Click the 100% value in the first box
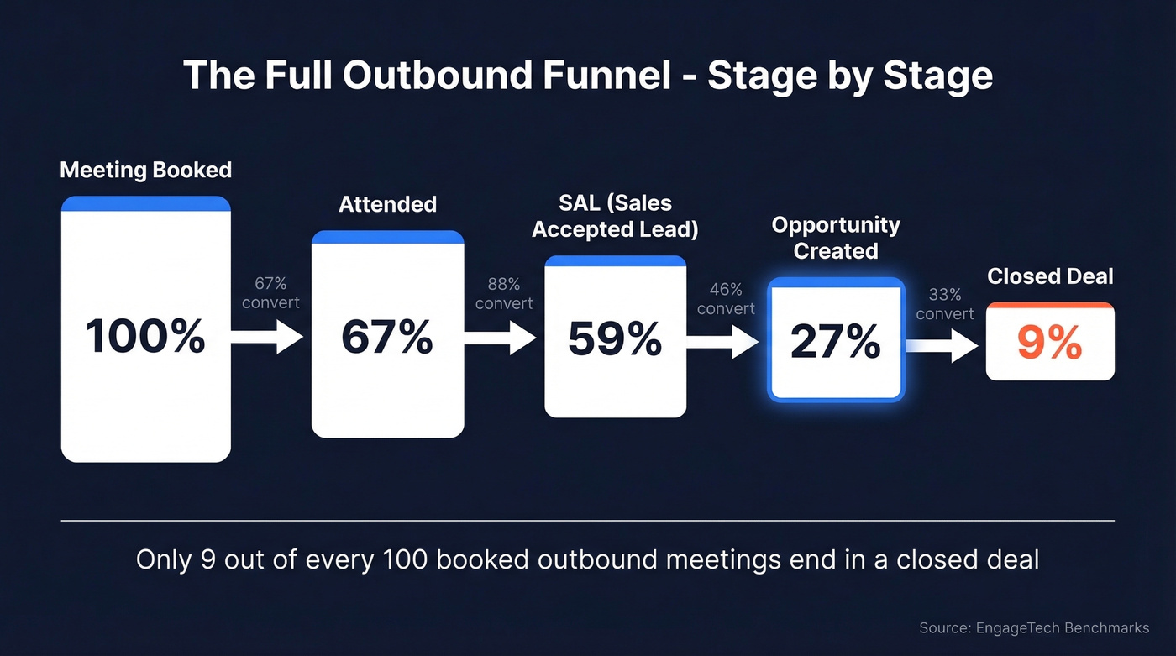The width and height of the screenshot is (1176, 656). pos(145,337)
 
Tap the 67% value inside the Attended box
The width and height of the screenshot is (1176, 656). pos(387,337)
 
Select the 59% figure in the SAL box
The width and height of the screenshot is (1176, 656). pos(615,339)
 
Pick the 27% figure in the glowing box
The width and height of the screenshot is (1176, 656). pos(836,342)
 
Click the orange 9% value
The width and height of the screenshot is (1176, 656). pos(1049,343)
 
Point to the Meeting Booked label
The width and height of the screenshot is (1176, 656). pos(145,170)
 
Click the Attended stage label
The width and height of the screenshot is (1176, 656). pos(387,204)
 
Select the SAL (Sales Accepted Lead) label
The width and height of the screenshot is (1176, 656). pos(615,216)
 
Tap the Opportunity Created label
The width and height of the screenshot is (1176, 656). pos(836,238)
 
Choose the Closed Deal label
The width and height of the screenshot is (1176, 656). pos(1050,276)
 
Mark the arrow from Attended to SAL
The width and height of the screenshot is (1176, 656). pos(501,338)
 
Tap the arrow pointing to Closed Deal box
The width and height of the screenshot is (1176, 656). pos(942,345)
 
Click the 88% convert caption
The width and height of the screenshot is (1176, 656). pos(504,294)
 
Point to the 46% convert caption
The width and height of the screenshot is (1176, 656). pos(726,298)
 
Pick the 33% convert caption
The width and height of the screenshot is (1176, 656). pos(945,304)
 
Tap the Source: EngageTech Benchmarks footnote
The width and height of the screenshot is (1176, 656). pos(1033,628)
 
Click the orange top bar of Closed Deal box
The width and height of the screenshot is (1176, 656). pos(1050,307)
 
